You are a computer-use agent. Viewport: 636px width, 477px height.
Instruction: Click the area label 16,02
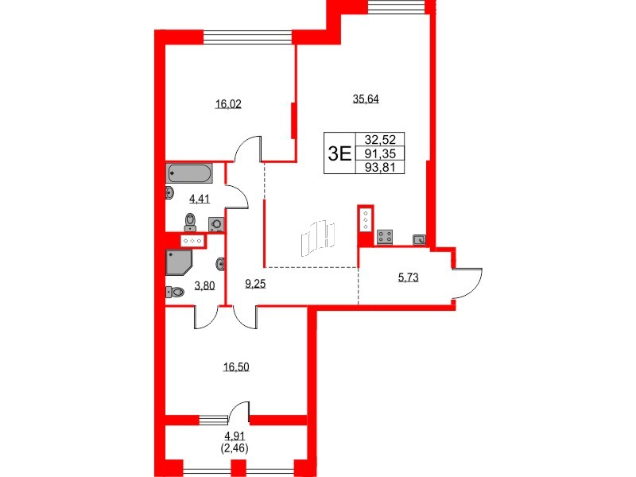(x=228, y=103)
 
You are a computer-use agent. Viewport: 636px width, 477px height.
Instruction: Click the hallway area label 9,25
(x=255, y=282)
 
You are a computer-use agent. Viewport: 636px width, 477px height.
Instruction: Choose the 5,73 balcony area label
(x=408, y=277)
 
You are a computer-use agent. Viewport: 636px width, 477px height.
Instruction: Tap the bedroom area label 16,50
(x=235, y=367)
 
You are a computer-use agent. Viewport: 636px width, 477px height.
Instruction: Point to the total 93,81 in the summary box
(x=381, y=167)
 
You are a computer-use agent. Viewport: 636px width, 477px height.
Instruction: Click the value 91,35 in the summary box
(x=381, y=153)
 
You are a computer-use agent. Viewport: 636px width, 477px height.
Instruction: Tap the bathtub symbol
(x=190, y=173)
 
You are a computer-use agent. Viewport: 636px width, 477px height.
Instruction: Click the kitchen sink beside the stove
(x=419, y=238)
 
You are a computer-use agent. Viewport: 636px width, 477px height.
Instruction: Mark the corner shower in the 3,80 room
(x=178, y=262)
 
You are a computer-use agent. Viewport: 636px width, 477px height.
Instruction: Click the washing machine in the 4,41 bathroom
(x=215, y=224)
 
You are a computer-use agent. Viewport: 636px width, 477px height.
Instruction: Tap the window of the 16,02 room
(x=249, y=37)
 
